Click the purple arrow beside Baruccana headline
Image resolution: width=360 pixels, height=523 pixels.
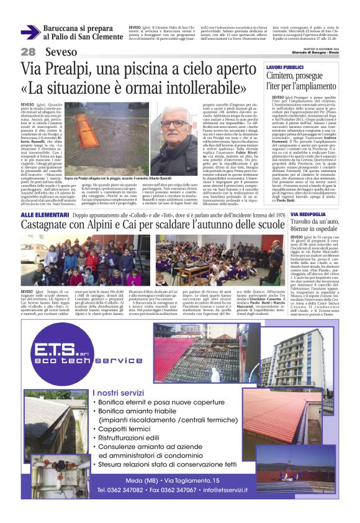pyautogui.click(x=30, y=32)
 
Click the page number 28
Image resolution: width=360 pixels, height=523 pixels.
pyautogui.click(x=29, y=52)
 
